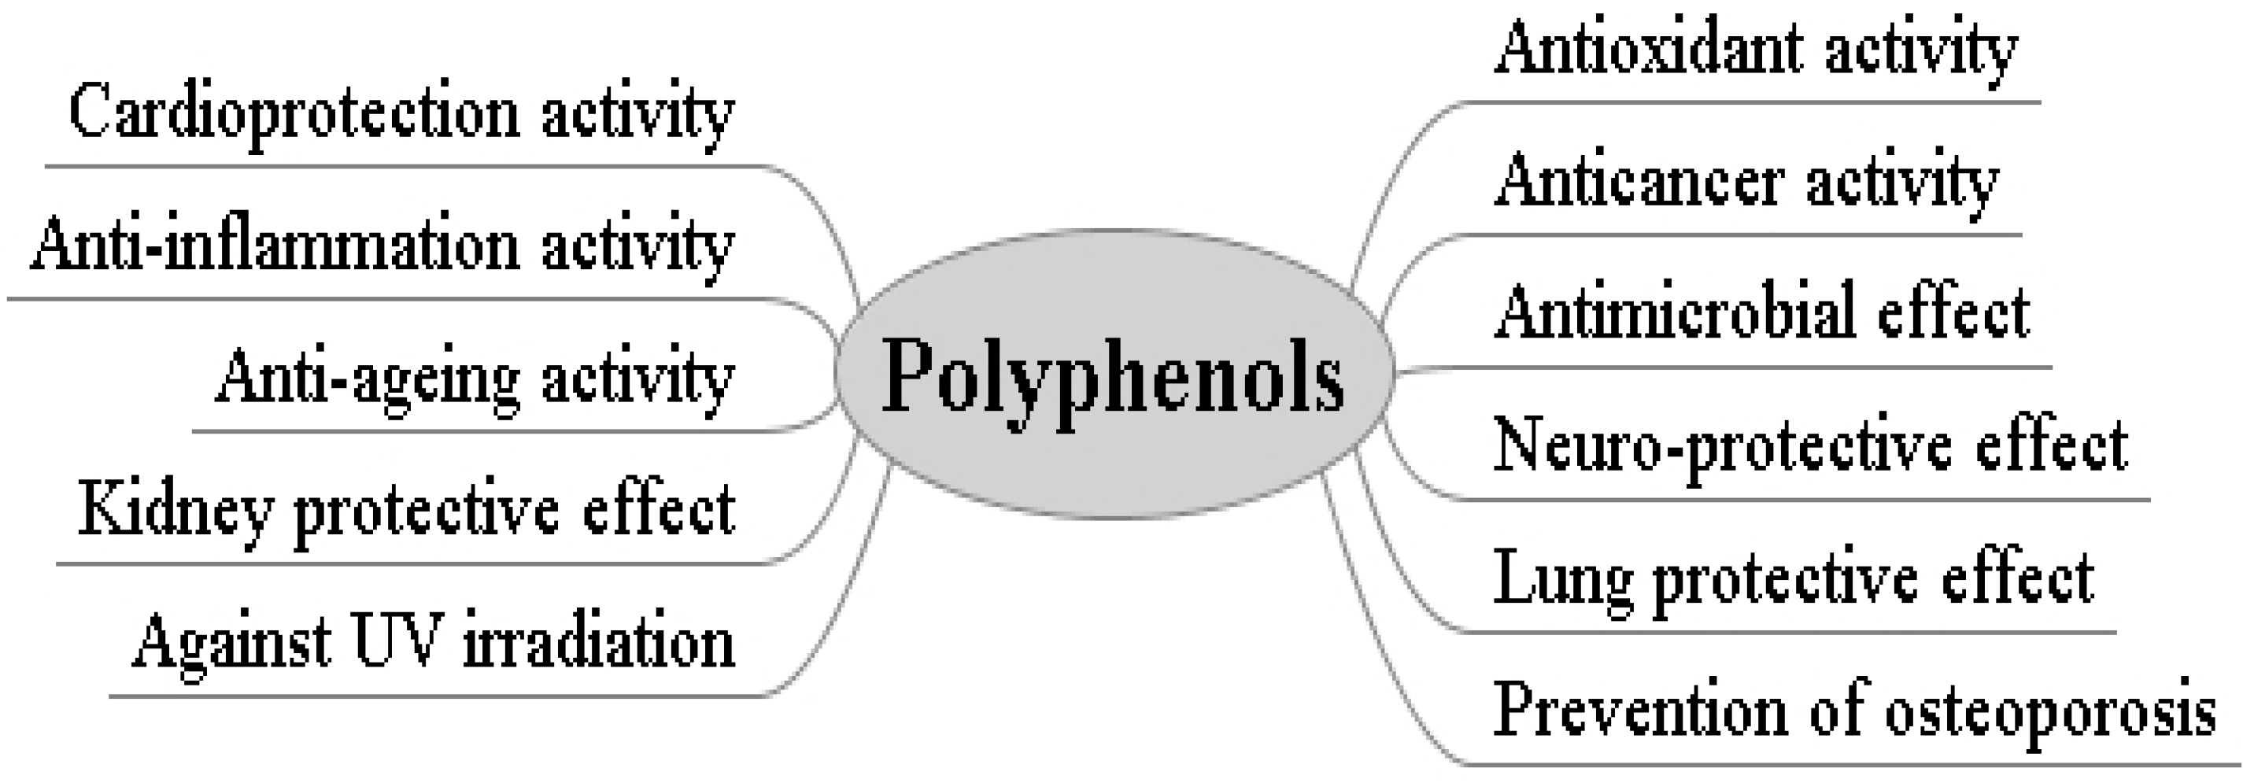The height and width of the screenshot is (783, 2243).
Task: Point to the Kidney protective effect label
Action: [x=407, y=512]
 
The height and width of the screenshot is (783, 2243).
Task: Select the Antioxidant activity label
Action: [x=1755, y=50]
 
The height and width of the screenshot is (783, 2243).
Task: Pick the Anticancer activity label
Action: [x=1746, y=182]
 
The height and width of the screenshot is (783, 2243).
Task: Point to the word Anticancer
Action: [x=1636, y=182]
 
